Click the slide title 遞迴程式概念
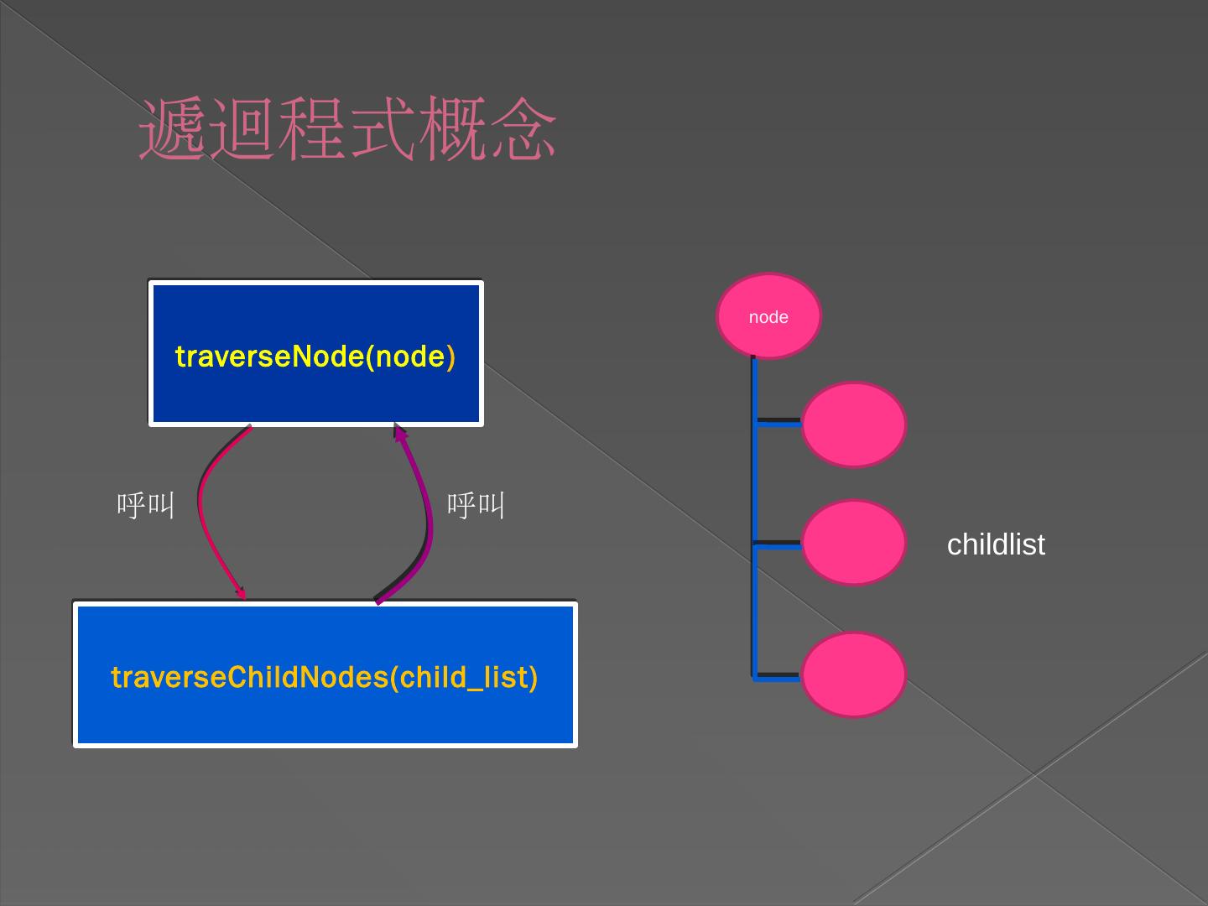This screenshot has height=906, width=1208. pos(347,130)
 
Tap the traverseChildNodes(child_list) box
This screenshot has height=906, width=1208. pos(325,713)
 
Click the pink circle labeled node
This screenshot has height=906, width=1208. pos(768,316)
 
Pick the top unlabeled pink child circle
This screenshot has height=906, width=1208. pos(853,424)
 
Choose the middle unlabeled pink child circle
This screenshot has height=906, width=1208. pos(853,543)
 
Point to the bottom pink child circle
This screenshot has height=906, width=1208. pos(853,674)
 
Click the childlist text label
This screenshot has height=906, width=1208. pos(996,544)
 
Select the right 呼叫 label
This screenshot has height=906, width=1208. pos(476,505)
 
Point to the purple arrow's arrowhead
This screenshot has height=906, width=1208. pos(400,433)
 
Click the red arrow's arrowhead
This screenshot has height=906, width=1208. pos(242,593)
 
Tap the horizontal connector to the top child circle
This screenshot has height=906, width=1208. pos(778,421)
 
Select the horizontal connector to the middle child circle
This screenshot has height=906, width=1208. pos(778,544)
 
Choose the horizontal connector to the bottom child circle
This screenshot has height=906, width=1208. pos(778,676)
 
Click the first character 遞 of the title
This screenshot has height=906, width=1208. pos(171,130)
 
